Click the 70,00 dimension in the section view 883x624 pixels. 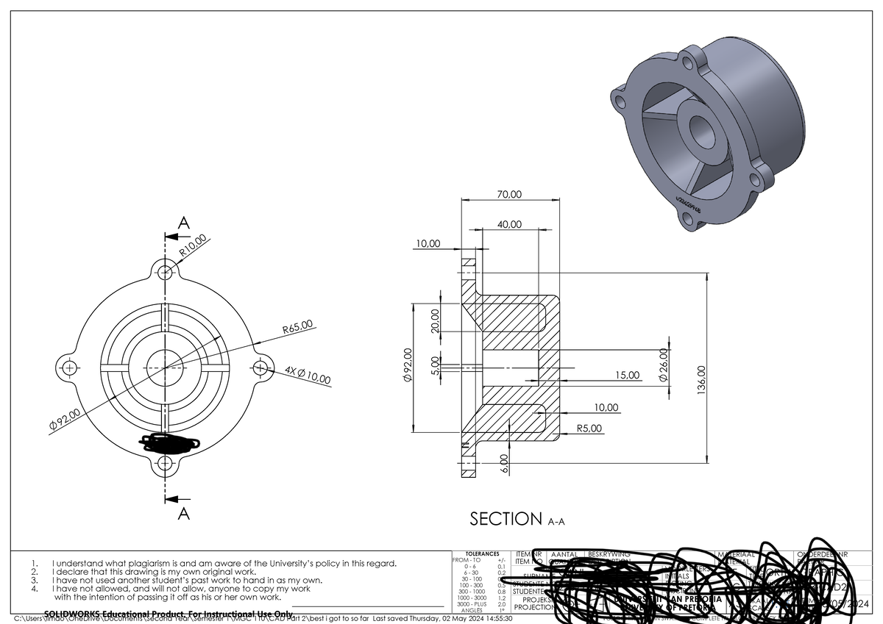point(508,195)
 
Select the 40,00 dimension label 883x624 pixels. point(508,224)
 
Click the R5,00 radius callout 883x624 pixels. point(589,428)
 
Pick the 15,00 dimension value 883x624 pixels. point(628,376)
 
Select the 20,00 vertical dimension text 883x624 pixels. point(436,320)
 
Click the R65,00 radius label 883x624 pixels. point(298,326)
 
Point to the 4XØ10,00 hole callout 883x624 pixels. point(308,376)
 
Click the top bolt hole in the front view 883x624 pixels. point(166,272)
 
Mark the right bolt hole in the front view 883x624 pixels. point(260,367)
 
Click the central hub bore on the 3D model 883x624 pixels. point(705,133)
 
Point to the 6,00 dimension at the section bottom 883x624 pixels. point(506,465)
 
